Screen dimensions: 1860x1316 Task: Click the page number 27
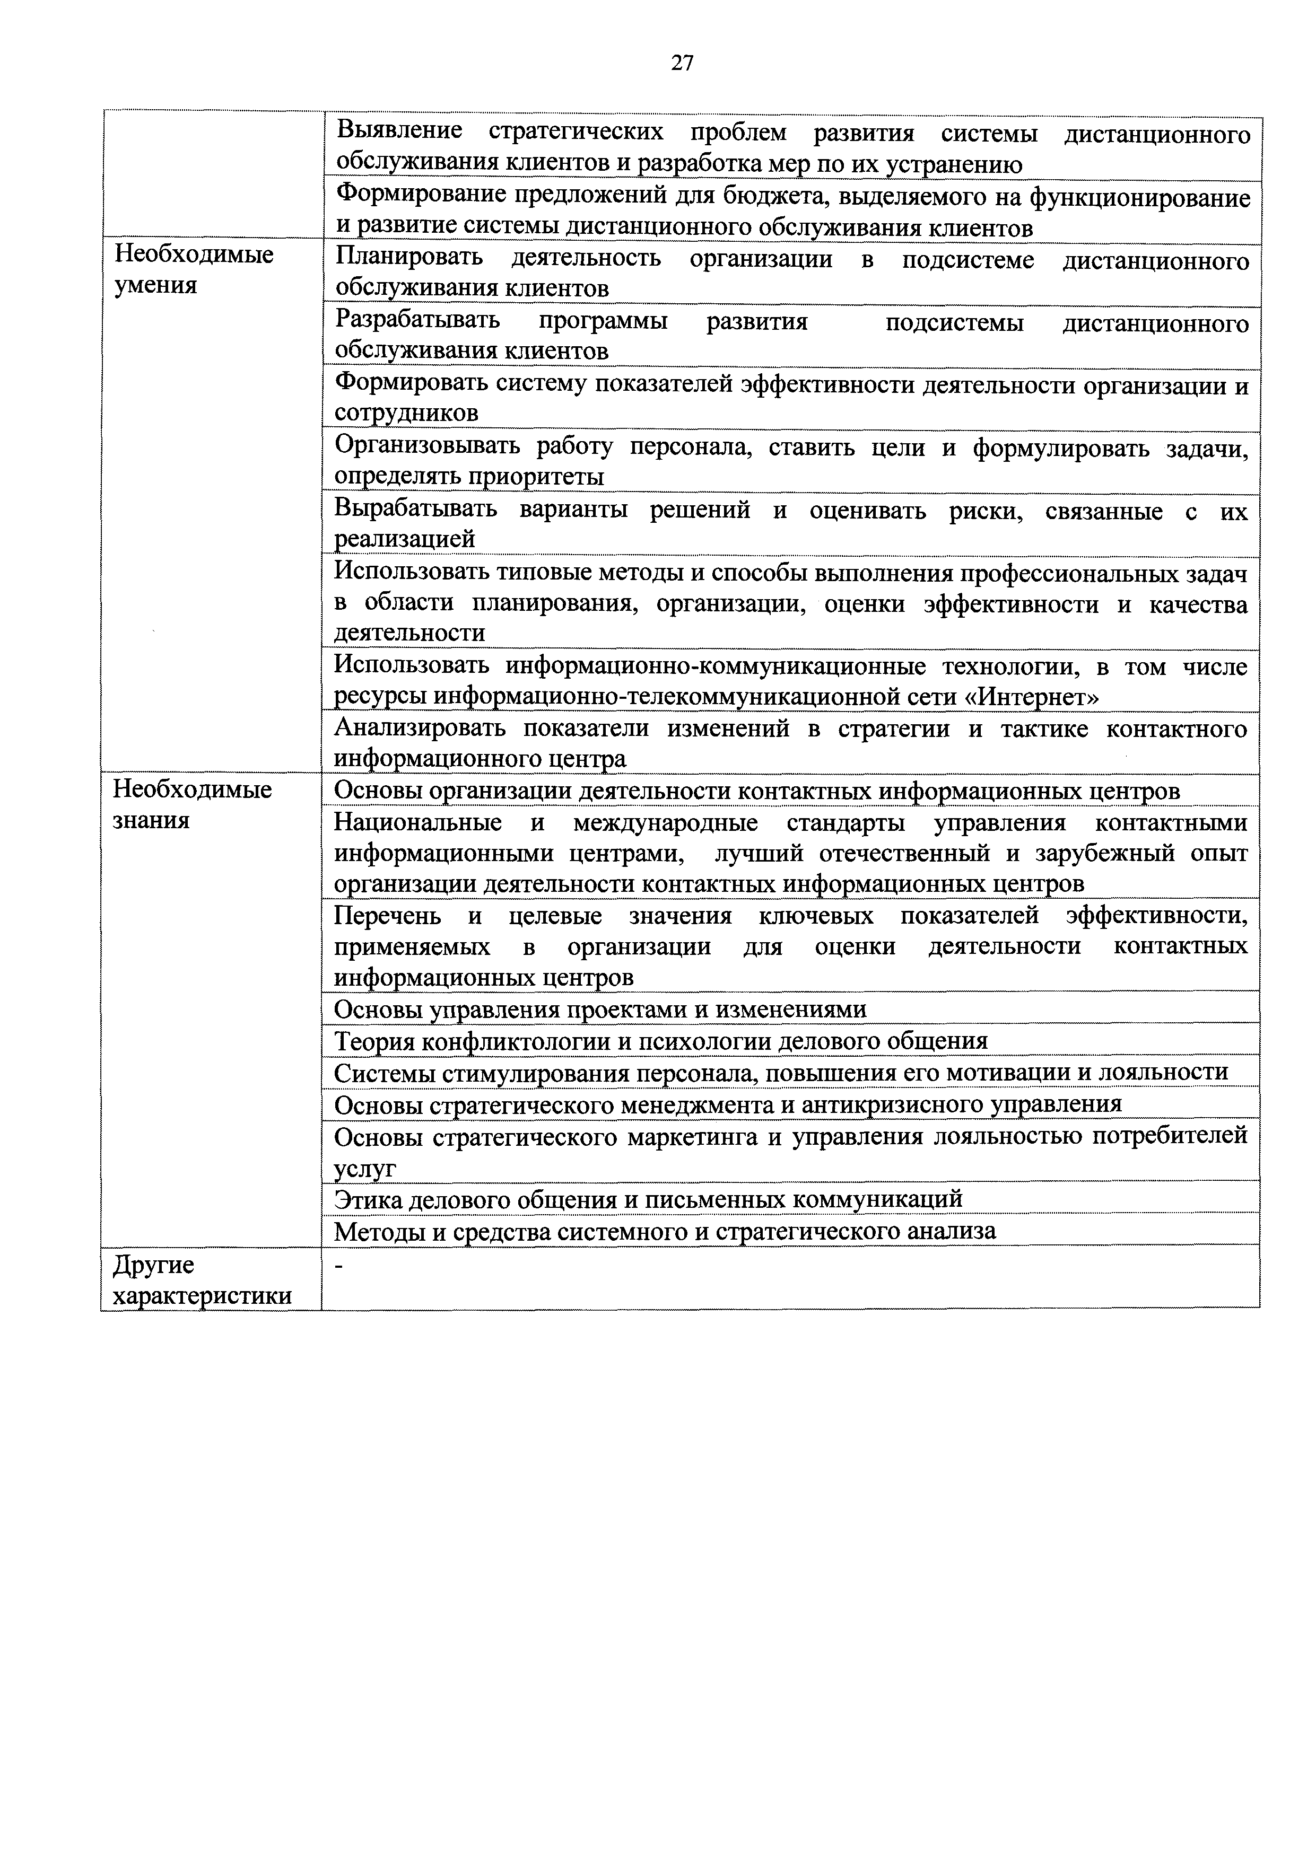coord(682,63)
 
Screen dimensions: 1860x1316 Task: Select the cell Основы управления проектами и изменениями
coord(600,1010)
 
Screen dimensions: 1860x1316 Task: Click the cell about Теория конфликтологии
coord(660,1041)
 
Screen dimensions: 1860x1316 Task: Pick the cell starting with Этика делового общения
coord(648,1198)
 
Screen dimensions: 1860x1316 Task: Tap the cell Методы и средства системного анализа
coord(665,1231)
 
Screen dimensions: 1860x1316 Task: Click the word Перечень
coord(387,916)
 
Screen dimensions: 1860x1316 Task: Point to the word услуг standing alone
coord(364,1168)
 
